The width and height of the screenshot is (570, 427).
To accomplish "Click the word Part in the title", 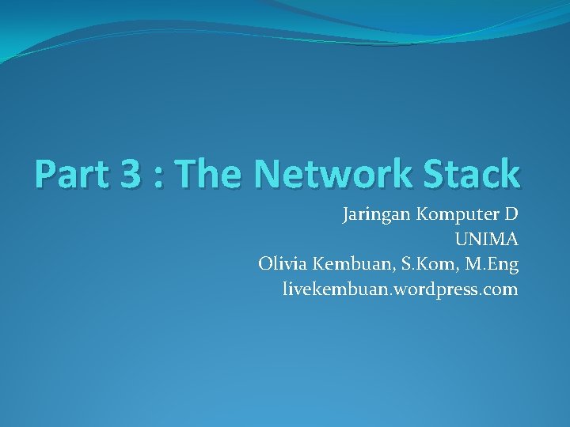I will coord(70,173).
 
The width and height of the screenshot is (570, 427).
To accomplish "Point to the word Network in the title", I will coord(332,173).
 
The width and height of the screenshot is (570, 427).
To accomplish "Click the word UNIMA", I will coord(486,239).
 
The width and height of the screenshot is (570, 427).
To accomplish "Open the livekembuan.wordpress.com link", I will coord(400,289).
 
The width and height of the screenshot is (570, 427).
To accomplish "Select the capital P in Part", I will coord(45,173).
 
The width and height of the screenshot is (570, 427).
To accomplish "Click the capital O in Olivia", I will coord(265,264).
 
